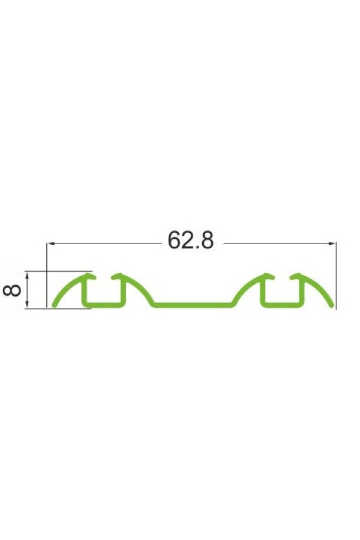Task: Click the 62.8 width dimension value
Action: click(x=191, y=240)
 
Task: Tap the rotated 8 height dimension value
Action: click(x=12, y=290)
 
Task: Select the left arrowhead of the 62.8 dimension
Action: click(x=50, y=244)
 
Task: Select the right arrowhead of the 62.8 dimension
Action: click(x=332, y=244)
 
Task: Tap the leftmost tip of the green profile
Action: click(x=54, y=305)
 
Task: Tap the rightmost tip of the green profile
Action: click(x=332, y=305)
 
